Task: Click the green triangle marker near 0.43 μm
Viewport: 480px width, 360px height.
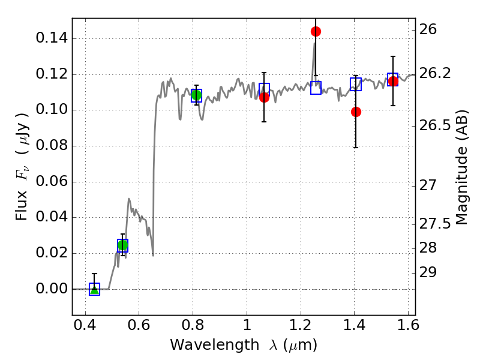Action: point(95,289)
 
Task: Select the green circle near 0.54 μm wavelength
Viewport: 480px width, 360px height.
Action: point(122,245)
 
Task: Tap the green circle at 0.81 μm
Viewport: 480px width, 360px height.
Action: point(197,95)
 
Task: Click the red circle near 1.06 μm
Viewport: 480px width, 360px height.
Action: point(264,98)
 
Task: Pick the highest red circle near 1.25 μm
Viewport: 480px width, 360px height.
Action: point(316,32)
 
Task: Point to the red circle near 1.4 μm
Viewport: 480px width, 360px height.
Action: point(356,112)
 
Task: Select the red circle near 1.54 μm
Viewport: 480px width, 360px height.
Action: point(393,81)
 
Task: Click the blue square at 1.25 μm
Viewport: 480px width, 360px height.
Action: point(316,88)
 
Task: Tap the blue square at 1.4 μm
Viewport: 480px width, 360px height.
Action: point(356,84)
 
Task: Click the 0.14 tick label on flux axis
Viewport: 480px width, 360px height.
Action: point(52,38)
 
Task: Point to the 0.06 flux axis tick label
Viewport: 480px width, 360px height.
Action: point(52,182)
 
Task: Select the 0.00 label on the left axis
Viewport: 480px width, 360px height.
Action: point(52,289)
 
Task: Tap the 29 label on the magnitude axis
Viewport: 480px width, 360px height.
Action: point(428,272)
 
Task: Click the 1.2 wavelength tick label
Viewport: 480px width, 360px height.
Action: point(301,325)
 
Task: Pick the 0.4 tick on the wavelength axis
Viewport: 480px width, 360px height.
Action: point(85,325)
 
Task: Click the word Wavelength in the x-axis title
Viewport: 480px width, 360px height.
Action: point(215,345)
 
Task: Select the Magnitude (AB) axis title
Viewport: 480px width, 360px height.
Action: point(462,167)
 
